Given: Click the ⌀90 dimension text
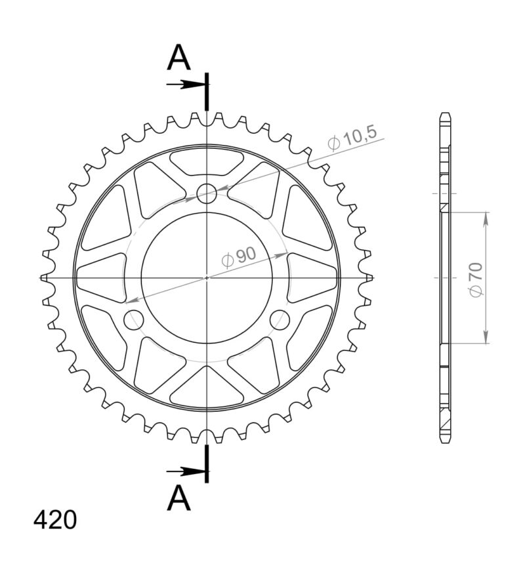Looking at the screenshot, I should (239, 257).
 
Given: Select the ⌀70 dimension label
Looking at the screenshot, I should (476, 279).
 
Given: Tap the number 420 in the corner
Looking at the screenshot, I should (55, 520).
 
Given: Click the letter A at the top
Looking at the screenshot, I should (178, 59).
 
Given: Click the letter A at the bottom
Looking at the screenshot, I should (178, 498).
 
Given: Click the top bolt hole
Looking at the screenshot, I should (207, 193).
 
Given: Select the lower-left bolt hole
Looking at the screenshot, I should (134, 320).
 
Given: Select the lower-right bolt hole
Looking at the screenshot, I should (280, 320).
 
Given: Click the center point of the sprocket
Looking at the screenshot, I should (207, 277).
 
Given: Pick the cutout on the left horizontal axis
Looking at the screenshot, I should (102, 277).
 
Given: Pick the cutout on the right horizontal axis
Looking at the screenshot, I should (312, 277).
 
